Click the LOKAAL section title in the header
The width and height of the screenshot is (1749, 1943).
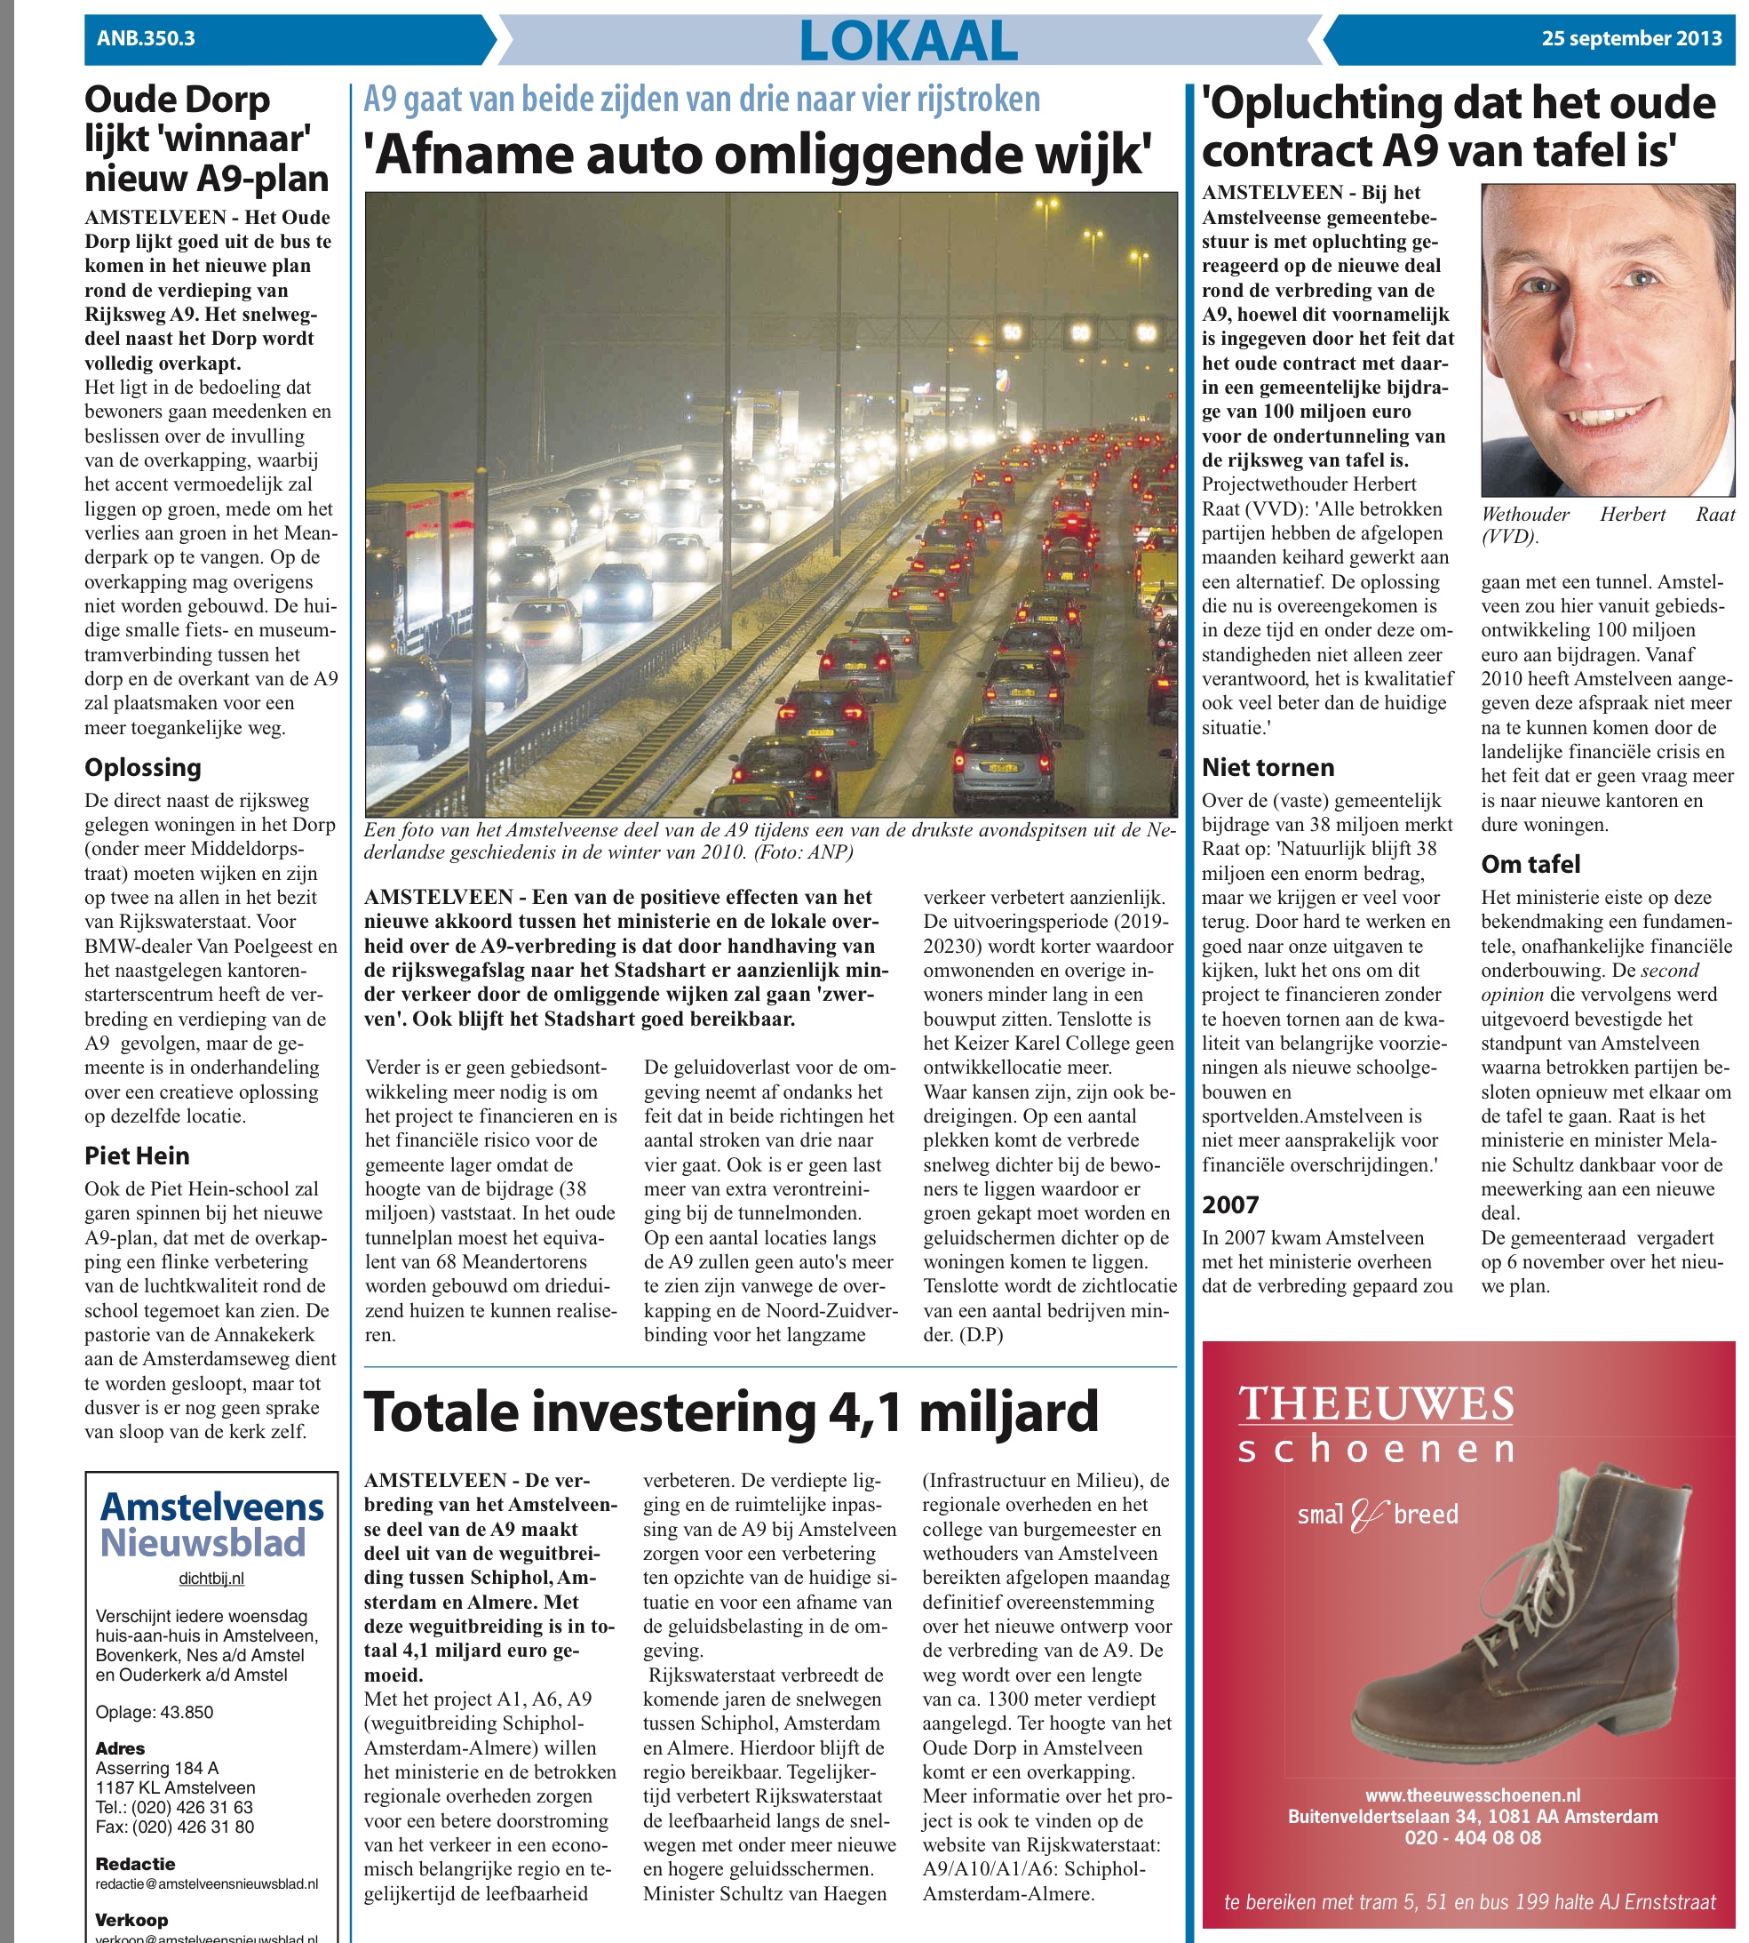[x=908, y=40]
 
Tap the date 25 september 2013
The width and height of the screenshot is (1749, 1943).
[x=1631, y=38]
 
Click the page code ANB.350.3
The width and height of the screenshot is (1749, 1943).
[x=146, y=38]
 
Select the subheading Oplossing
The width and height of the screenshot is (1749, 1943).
[x=143, y=767]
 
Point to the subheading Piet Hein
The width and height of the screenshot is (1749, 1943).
[x=137, y=1155]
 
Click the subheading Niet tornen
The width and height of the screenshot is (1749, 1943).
[x=1268, y=767]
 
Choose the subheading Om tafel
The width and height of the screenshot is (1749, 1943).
[x=1530, y=864]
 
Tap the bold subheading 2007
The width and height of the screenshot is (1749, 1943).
[x=1230, y=1204]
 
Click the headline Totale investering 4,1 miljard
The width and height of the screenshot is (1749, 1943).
[x=730, y=1412]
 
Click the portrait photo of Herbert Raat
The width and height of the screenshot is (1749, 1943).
[x=1608, y=340]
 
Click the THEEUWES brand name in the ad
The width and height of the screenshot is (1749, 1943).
[x=1375, y=1404]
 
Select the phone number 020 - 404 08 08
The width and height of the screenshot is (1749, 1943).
[x=1472, y=1838]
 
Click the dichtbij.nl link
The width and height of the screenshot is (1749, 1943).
[x=211, y=1579]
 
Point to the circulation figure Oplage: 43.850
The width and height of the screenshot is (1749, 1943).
[x=154, y=1712]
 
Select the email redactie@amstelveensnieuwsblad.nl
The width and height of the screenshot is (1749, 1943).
[x=207, y=1884]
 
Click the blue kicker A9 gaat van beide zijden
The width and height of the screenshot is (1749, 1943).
[x=702, y=100]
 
